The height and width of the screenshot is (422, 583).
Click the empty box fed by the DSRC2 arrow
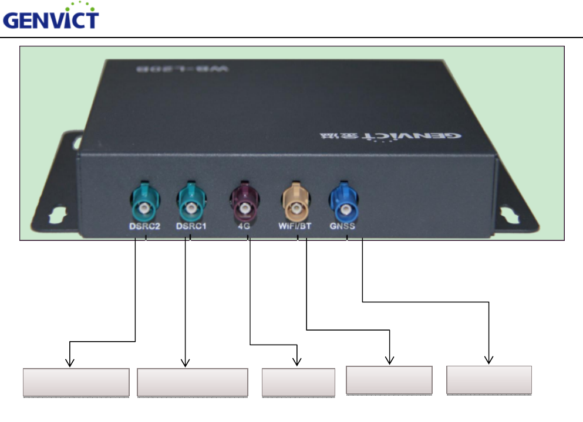[x=76, y=383]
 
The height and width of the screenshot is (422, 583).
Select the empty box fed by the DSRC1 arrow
[x=192, y=383]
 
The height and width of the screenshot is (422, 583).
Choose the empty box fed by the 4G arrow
[x=298, y=383]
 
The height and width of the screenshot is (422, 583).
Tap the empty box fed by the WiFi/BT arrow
[x=389, y=380]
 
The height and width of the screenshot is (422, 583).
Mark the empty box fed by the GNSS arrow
[x=489, y=380]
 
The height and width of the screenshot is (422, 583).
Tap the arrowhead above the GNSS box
[x=489, y=360]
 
